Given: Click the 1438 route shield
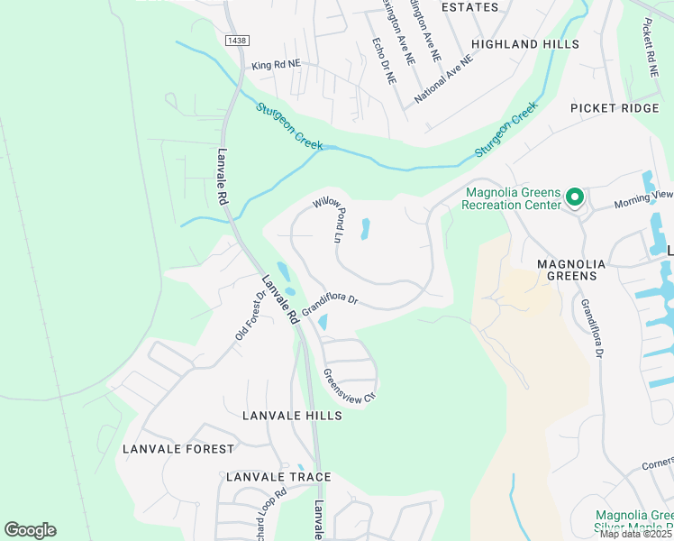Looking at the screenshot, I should tap(237, 41).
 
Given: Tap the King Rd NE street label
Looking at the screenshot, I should tap(276, 66).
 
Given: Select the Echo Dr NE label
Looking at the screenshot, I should tap(384, 60).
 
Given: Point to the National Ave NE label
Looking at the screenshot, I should tap(443, 77).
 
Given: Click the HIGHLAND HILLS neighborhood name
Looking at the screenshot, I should tap(524, 43).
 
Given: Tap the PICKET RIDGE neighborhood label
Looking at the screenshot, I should tap(615, 108).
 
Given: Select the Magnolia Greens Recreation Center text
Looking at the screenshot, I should tap(511, 198).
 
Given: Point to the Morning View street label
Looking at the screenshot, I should tap(643, 195).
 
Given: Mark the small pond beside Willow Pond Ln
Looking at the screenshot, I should tap(365, 229).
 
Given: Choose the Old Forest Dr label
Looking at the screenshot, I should tap(250, 315).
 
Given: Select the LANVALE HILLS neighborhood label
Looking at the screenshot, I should tap(292, 416).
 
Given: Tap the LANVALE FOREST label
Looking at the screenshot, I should tap(178, 448).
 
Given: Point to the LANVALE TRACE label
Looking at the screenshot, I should tap(278, 477).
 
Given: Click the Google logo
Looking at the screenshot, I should tap(30, 529).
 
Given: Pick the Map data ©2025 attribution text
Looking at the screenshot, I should tap(634, 534).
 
